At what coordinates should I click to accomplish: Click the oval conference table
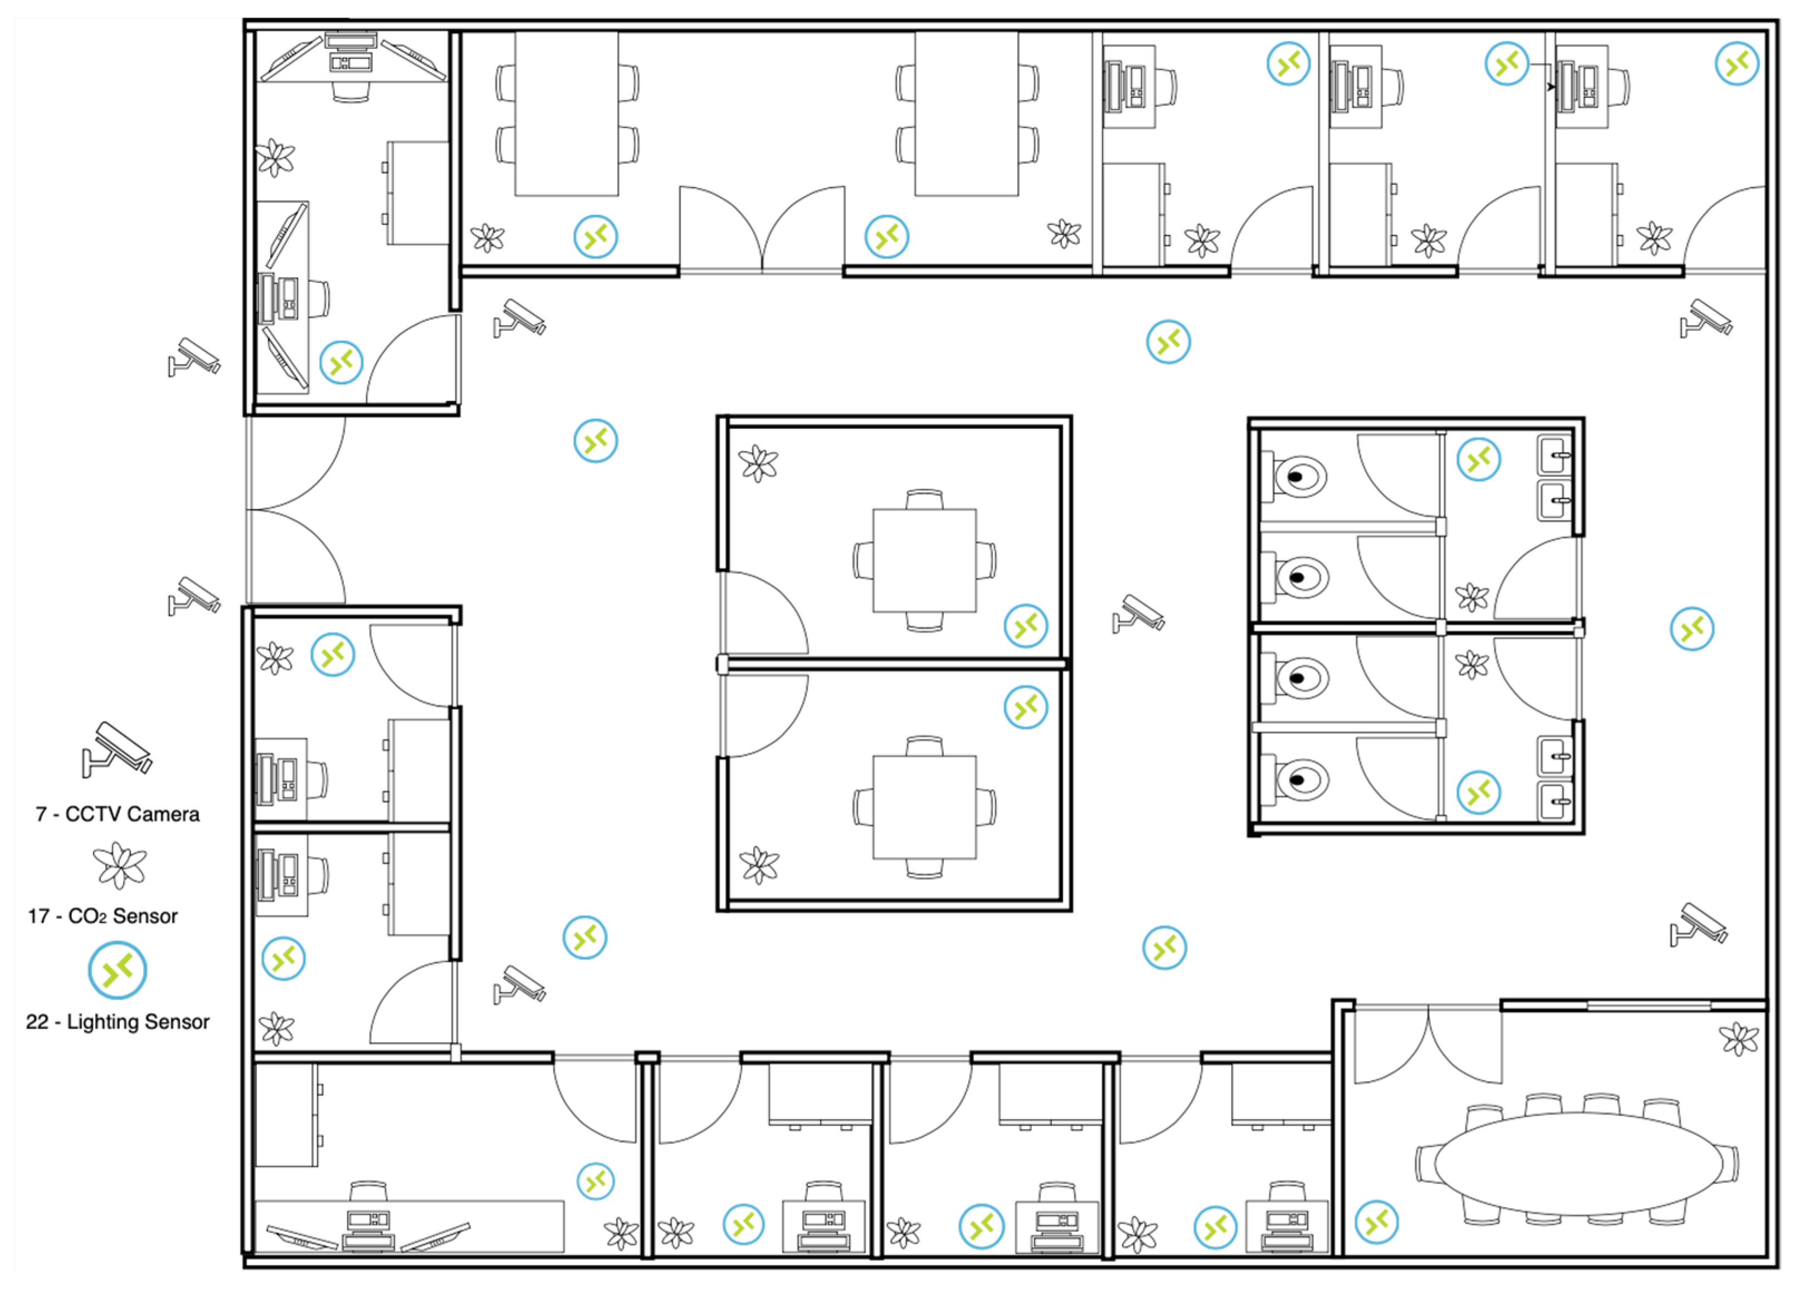(1580, 1164)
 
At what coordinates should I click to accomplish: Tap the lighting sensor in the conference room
(1377, 1222)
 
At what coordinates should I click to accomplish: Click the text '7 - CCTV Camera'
(117, 814)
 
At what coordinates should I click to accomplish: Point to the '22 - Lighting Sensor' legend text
(117, 1022)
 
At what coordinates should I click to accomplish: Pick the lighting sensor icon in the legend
(117, 970)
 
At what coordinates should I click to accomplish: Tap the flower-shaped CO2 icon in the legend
(120, 866)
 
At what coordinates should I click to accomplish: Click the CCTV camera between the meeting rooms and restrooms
(1138, 613)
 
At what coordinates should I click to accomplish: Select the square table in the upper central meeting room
(925, 560)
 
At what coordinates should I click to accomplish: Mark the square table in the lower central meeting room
(925, 807)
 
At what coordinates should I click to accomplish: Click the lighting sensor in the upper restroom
(1479, 459)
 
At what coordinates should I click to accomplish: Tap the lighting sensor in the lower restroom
(1479, 792)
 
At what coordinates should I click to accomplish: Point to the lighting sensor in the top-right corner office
(1737, 63)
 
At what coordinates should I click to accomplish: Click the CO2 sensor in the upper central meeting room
(759, 464)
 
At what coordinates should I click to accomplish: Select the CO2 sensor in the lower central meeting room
(759, 865)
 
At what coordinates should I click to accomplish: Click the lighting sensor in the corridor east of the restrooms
(1692, 629)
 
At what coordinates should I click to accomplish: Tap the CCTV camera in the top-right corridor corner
(1706, 317)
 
